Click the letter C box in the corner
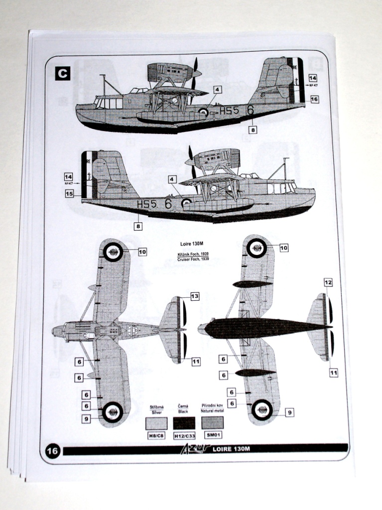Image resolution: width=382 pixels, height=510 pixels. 62,74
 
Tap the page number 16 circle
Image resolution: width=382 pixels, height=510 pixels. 52,451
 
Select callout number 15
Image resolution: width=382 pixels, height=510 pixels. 69,193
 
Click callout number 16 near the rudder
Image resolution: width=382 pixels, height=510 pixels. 314,99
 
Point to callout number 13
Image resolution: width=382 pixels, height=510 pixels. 194,296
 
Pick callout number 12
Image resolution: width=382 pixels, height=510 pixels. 328,282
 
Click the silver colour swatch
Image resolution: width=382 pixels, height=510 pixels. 156,423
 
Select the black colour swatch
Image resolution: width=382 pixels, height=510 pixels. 184,423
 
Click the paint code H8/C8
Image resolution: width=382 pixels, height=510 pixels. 156,436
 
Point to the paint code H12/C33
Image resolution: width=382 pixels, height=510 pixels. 184,436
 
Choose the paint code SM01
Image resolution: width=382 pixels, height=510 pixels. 212,435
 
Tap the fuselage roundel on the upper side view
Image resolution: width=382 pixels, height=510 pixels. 203,113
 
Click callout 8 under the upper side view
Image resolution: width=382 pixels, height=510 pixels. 253,130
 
